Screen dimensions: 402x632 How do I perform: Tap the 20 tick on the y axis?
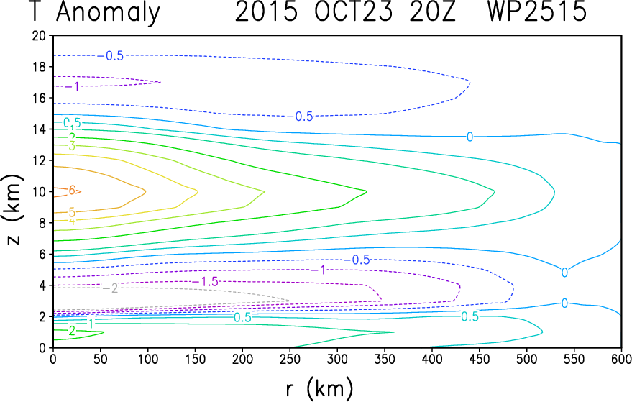(x=39, y=35)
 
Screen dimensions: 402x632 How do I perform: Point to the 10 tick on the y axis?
(x=39, y=191)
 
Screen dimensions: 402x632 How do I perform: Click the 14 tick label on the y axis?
(x=39, y=129)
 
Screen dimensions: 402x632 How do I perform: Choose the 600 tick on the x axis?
(x=622, y=357)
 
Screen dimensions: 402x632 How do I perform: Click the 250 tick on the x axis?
(x=290, y=357)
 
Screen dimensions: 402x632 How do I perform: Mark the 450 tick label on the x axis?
(x=480, y=357)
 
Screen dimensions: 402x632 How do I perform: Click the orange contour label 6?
(x=72, y=190)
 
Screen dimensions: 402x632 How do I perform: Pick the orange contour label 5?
(x=72, y=212)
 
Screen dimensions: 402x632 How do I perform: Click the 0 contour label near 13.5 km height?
(x=470, y=137)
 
